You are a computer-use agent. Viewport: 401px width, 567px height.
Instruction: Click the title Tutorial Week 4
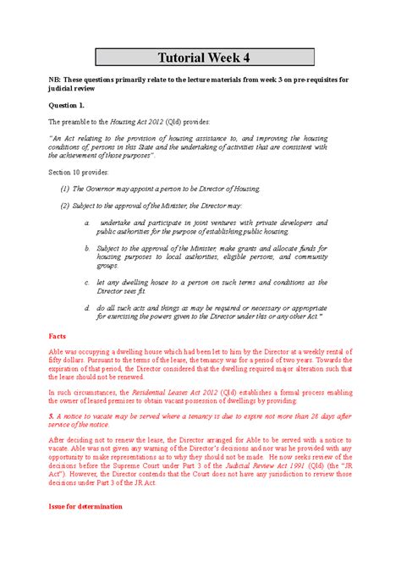click(x=204, y=58)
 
